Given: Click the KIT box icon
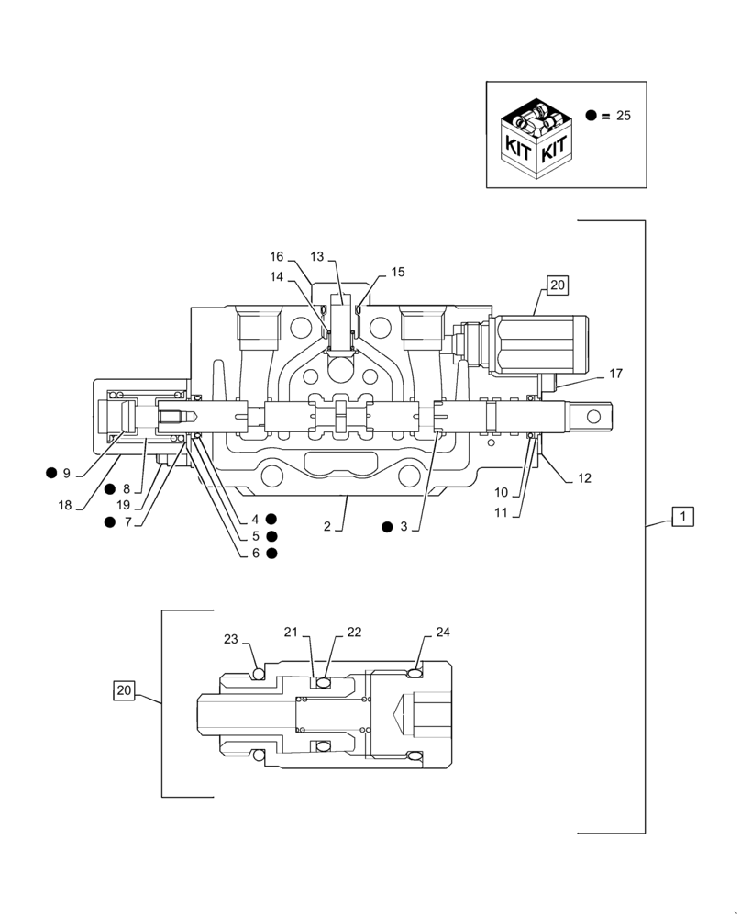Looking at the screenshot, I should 538,138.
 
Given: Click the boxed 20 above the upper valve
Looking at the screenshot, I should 558,285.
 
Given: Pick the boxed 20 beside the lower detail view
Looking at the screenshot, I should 125,689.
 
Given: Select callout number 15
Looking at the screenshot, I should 397,273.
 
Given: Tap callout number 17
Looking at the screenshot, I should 615,374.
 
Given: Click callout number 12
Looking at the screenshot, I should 584,477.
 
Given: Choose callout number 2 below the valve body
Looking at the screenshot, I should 326,527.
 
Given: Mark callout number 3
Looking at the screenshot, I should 403,527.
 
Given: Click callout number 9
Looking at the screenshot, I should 66,474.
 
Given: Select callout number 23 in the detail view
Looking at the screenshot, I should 230,640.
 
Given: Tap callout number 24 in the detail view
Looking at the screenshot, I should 443,633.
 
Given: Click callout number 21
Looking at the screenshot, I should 291,633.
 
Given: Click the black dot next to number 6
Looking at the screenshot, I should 271,553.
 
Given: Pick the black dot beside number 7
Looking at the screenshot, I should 110,522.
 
